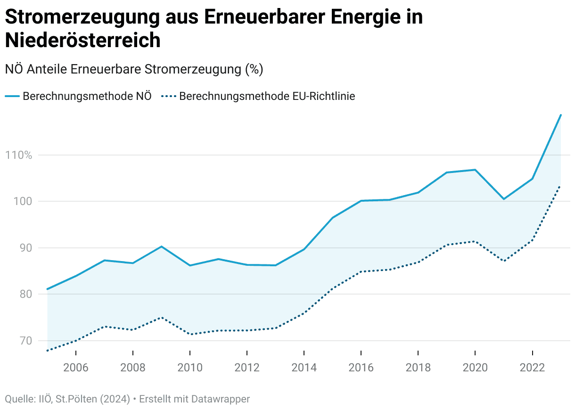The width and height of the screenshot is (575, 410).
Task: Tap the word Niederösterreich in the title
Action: click(x=83, y=41)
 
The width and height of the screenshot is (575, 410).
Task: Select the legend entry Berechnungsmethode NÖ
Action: click(x=87, y=96)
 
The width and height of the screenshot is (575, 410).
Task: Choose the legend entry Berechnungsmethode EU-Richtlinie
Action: click(x=267, y=96)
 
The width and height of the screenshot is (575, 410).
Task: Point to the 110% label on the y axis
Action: click(x=18, y=155)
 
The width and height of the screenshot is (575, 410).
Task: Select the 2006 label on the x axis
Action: click(x=76, y=368)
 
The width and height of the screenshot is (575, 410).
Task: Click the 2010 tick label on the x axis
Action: click(x=190, y=368)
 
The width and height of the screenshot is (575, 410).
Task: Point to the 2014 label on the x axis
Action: click(x=304, y=368)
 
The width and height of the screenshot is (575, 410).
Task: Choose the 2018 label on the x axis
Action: click(x=418, y=368)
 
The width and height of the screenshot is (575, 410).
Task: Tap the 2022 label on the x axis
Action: click(x=532, y=368)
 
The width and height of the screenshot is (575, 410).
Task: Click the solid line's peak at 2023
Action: click(x=560, y=115)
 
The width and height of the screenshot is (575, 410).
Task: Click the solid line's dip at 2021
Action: click(x=503, y=199)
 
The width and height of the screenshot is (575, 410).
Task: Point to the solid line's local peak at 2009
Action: click(x=161, y=246)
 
